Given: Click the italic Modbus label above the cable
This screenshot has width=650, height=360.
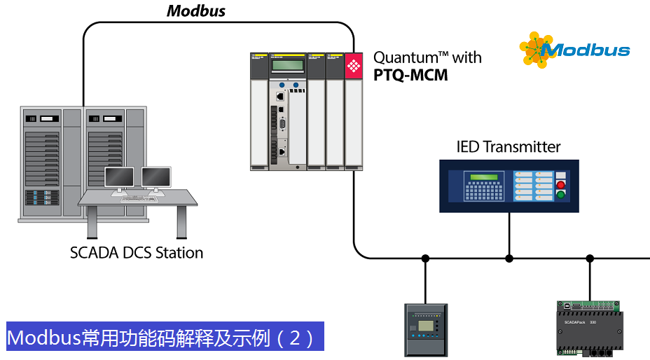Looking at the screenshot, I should [x=196, y=11].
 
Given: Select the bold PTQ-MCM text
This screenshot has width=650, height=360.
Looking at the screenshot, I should [x=410, y=75].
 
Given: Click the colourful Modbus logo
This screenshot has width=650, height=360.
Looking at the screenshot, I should [x=574, y=50].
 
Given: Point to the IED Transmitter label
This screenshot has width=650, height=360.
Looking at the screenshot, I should [x=509, y=147].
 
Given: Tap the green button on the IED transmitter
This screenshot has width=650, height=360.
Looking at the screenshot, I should [x=560, y=194].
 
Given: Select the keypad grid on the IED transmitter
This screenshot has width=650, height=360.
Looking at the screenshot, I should [x=485, y=191].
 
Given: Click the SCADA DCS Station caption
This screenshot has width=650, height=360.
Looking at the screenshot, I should [x=137, y=253].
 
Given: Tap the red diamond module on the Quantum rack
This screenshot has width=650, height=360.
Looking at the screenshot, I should [x=353, y=67].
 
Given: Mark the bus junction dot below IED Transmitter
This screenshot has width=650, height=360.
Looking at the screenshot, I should [x=509, y=258].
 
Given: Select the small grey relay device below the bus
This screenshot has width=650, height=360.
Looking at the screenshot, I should [x=425, y=330].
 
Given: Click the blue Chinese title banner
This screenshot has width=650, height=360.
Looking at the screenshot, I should [x=165, y=338].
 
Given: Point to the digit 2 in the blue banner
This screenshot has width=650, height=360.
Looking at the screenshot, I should [x=295, y=338].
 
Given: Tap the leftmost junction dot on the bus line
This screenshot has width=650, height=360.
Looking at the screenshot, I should [x=425, y=258].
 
